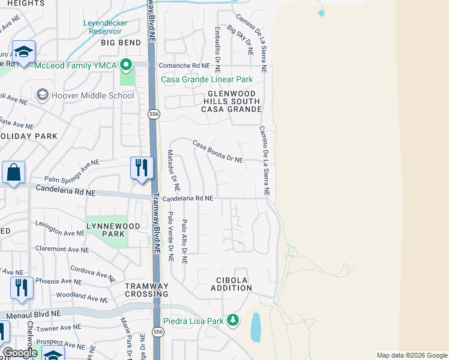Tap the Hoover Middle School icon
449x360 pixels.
click(x=42, y=95)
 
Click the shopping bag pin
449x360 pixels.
click(x=13, y=173)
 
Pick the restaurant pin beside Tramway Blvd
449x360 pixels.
click(x=142, y=169)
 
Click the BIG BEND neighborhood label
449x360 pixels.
click(x=121, y=43)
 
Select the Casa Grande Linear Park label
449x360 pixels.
click(x=206, y=79)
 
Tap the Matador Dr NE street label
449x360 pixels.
click(x=172, y=166)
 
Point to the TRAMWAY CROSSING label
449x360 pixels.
click(x=146, y=290)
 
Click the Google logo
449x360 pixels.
click(x=20, y=353)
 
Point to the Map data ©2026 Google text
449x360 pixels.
click(x=411, y=355)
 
